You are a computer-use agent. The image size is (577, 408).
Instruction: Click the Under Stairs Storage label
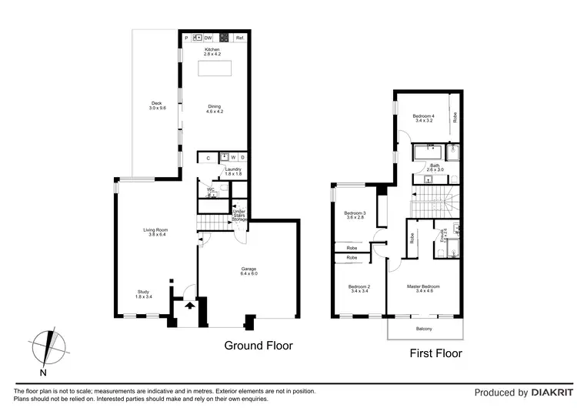point(240,215)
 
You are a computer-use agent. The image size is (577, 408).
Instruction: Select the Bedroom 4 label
point(424,118)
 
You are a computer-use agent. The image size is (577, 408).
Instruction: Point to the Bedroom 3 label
point(355,215)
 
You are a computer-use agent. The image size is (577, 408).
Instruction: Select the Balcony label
point(424,329)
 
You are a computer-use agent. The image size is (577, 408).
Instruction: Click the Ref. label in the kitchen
point(240,38)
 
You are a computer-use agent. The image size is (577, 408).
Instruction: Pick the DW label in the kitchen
point(208,38)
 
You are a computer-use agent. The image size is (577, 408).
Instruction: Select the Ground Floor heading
point(258,346)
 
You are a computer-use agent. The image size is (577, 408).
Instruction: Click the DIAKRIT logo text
point(545,393)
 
